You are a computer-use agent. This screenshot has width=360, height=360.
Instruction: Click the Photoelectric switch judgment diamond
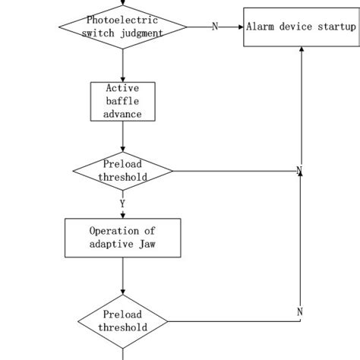click(x=122, y=26)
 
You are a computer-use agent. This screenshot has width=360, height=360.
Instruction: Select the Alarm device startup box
click(x=301, y=27)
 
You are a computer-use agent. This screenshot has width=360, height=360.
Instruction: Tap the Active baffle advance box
click(x=122, y=101)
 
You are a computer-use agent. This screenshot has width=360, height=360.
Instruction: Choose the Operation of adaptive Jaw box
click(x=122, y=238)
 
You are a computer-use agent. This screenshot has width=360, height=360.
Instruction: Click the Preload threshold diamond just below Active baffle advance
click(x=122, y=170)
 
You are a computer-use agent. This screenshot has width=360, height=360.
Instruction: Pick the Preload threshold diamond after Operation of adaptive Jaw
click(x=122, y=321)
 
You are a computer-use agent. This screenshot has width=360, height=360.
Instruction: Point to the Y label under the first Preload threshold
click(x=122, y=204)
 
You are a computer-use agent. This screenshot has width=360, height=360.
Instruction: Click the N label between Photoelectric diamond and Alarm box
click(x=214, y=27)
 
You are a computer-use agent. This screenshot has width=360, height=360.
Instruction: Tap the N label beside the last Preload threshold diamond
click(x=299, y=312)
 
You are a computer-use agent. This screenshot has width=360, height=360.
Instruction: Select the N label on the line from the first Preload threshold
click(x=299, y=170)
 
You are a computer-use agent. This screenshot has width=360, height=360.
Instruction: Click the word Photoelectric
click(x=122, y=19)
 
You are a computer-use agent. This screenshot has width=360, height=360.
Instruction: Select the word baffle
click(x=122, y=101)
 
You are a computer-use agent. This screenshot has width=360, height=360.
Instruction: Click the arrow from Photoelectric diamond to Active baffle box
click(x=122, y=66)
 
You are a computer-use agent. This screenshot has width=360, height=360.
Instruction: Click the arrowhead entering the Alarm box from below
click(x=302, y=49)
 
